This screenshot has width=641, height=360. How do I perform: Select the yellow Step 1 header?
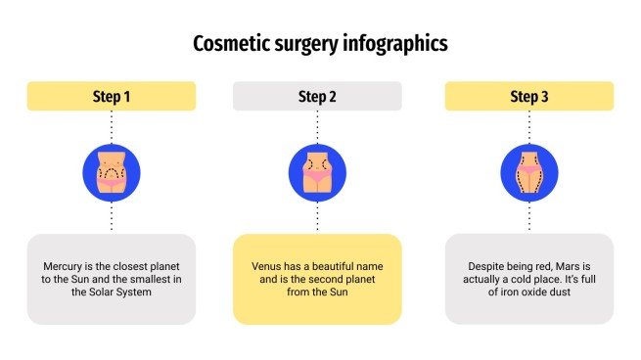click(111, 96)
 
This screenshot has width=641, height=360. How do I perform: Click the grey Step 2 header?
click(317, 96)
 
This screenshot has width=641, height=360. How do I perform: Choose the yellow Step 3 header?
click(529, 96)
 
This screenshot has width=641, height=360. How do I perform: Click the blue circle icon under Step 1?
click(111, 172)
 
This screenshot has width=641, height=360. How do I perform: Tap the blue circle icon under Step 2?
click(317, 172)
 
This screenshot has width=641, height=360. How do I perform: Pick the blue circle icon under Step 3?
click(529, 172)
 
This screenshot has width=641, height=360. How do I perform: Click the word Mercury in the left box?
click(65, 266)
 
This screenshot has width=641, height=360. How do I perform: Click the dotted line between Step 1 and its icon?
click(111, 126)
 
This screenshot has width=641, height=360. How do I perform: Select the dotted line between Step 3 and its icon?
click(529, 126)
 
